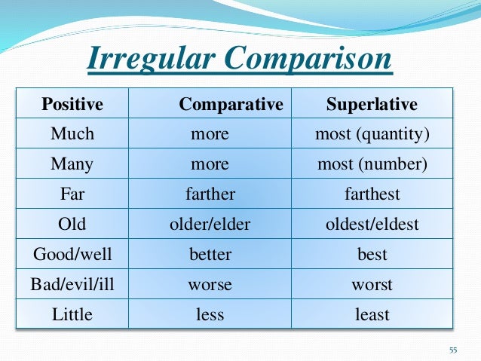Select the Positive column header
click(x=72, y=104)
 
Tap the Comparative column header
click(x=231, y=104)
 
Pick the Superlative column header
click(x=372, y=104)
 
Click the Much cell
click(x=72, y=134)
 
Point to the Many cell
click(x=72, y=164)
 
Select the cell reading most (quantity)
click(x=372, y=134)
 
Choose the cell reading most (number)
click(x=372, y=164)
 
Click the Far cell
click(x=72, y=194)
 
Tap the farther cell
click(x=210, y=194)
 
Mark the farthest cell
click(x=372, y=194)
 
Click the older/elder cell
click(x=210, y=224)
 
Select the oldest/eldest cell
click(x=372, y=224)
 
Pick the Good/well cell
click(x=72, y=254)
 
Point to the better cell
click(x=210, y=254)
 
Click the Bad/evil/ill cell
click(x=72, y=284)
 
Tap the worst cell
click(x=372, y=284)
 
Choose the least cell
click(x=372, y=314)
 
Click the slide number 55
click(x=453, y=350)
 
